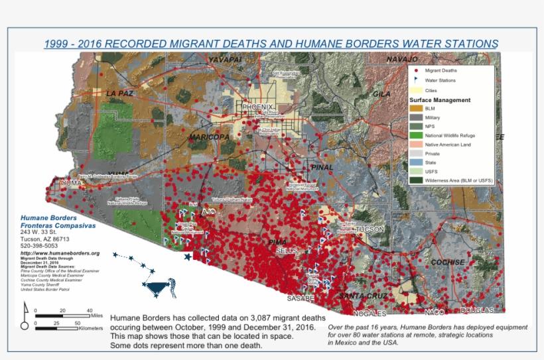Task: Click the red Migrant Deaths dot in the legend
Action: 416,70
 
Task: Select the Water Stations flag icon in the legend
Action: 416,80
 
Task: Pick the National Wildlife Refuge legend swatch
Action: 416,135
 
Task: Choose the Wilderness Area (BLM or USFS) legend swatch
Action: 416,180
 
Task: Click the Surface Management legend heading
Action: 440,100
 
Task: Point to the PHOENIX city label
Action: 257,107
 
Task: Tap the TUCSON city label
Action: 370,229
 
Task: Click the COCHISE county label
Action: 447,263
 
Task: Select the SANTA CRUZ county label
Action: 363,296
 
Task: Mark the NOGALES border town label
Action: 370,313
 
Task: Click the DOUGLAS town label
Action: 478,310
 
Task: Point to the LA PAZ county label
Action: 119,93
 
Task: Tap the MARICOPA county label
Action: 209,137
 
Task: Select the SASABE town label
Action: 301,298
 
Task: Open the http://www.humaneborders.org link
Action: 60,253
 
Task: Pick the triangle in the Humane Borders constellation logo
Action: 158,288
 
